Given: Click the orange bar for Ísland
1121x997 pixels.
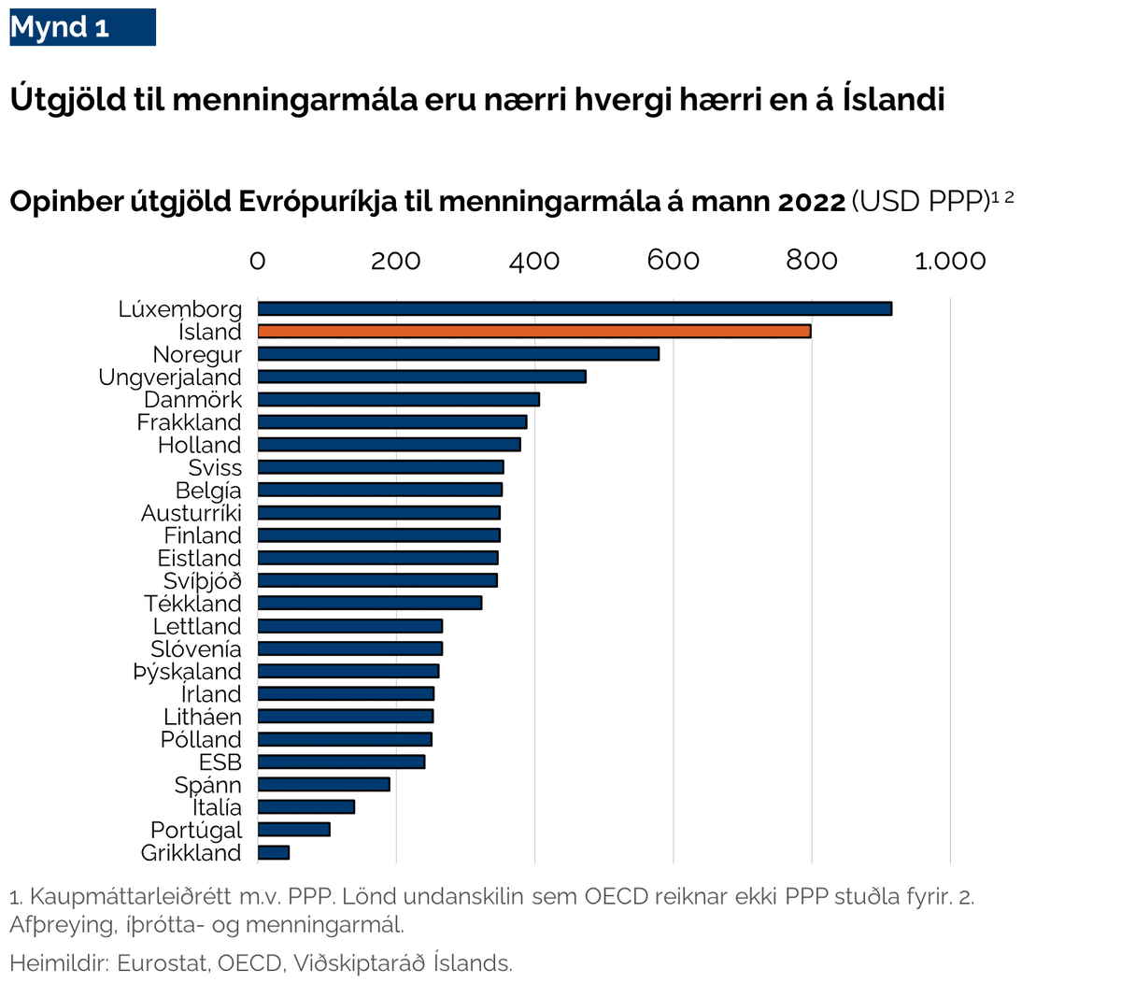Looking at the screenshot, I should (534, 331).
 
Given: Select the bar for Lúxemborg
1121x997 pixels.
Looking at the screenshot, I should (575, 308).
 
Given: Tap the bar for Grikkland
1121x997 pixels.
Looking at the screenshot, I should (274, 852).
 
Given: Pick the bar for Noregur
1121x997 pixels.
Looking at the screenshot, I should (459, 354).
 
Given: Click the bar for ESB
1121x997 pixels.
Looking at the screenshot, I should (342, 762).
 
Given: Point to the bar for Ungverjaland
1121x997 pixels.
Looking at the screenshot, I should (422, 377).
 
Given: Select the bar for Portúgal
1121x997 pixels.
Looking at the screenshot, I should (294, 830).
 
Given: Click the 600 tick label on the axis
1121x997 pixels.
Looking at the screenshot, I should (673, 261).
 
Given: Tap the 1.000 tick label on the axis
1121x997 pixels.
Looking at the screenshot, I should (950, 261).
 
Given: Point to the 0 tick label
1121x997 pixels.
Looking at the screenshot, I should (258, 261).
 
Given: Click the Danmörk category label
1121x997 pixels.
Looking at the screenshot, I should (192, 400).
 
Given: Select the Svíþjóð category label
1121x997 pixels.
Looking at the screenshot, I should (202, 581).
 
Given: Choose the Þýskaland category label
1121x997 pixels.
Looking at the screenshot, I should (187, 672).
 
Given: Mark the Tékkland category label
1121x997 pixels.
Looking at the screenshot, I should (192, 604).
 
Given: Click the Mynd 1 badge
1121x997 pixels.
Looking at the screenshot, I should (82, 27).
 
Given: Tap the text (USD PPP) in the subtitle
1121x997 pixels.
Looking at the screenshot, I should (920, 202).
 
